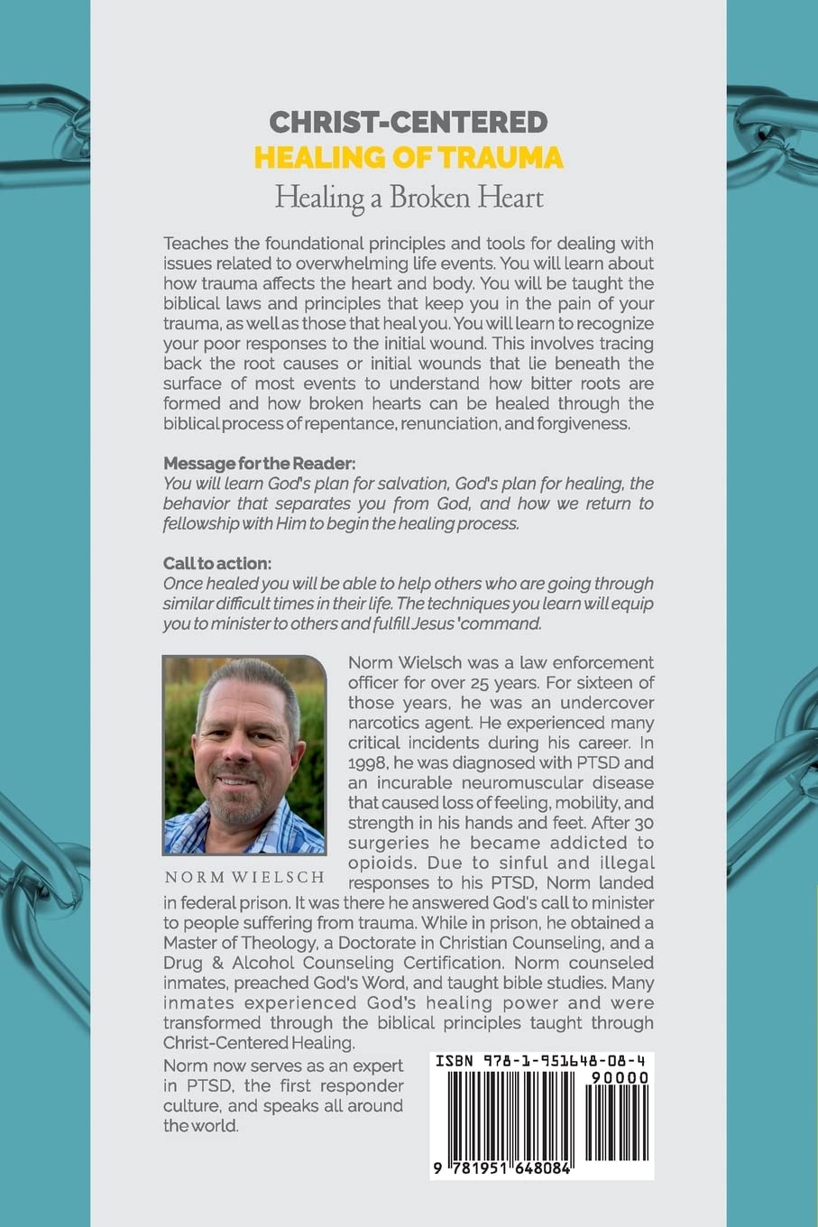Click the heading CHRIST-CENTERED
(x=409, y=122)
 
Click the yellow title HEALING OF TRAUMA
(x=409, y=157)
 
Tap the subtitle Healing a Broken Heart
(x=409, y=197)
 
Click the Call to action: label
(x=217, y=564)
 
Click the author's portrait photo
(x=244, y=754)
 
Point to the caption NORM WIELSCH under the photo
(x=244, y=877)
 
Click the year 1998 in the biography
(x=367, y=762)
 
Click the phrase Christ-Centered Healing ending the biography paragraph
(x=259, y=1042)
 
